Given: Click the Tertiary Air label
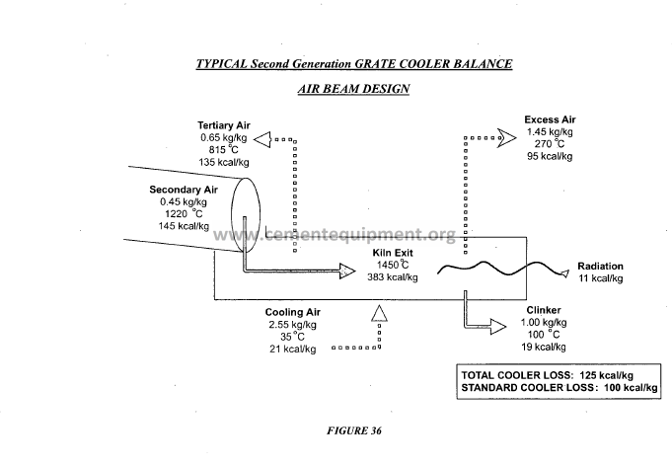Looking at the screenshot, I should click(224, 125).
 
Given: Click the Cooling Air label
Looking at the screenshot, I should click(292, 312).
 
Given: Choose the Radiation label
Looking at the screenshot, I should click(601, 267).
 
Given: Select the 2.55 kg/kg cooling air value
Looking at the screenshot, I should click(292, 324).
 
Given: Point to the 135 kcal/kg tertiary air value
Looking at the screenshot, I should click(223, 162).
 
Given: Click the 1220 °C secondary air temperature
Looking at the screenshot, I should click(184, 213).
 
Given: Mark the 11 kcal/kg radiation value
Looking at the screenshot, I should click(601, 279).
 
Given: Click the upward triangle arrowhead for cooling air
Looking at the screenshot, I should click(379, 313).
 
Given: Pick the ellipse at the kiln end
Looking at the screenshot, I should click(245, 211).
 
